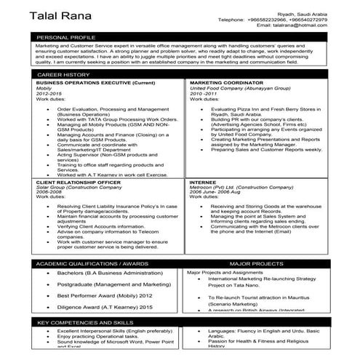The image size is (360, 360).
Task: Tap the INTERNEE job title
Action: [x=202, y=182]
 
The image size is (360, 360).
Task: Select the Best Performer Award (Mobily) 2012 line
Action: [x=105, y=296]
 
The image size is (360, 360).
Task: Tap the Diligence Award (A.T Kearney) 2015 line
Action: [x=105, y=308]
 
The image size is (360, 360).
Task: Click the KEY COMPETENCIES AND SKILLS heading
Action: [x=84, y=321]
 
